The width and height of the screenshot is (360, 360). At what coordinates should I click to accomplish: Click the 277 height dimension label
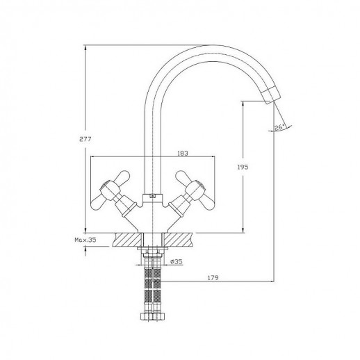85,139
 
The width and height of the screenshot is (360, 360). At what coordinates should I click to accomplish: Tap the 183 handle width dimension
183,154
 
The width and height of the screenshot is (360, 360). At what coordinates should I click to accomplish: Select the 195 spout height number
243,167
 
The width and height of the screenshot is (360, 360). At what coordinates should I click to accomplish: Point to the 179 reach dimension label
213,277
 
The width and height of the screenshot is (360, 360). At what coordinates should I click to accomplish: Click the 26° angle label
279,127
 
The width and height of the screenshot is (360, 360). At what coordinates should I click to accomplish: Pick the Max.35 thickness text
85,240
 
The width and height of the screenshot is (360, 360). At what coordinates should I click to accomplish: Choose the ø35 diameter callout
177,262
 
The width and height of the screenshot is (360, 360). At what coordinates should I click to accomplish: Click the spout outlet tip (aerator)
270,95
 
